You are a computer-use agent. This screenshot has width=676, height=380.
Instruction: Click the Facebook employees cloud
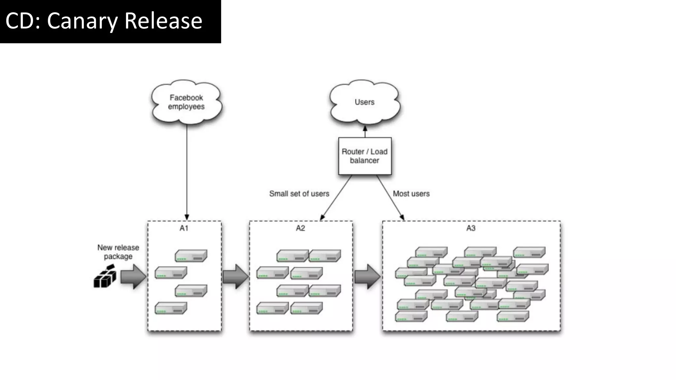tap(186, 102)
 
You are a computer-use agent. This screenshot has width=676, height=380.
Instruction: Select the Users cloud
tap(364, 102)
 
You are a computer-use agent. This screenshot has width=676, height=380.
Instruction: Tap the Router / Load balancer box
tap(365, 156)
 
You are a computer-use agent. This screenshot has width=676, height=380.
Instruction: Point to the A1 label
tap(184, 228)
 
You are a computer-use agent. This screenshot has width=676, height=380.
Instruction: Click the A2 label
tap(300, 228)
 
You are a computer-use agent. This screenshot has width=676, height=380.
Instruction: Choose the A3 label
tap(471, 228)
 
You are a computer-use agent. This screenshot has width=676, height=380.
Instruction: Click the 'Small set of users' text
tap(299, 194)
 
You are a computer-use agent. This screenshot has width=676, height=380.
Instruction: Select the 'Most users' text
tap(411, 194)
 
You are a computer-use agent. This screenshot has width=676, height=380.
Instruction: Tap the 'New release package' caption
tap(118, 252)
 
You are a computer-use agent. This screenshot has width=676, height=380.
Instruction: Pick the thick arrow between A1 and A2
tap(235, 276)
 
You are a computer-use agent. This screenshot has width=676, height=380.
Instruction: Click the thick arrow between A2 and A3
tap(367, 276)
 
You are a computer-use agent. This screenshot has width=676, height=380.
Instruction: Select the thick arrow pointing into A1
tap(133, 276)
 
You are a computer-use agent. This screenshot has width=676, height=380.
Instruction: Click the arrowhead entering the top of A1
tap(187, 217)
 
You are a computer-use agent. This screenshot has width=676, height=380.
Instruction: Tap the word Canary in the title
tap(82, 21)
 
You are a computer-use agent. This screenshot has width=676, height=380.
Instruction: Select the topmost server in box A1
tap(191, 256)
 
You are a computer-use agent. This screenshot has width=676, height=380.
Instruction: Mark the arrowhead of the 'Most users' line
tap(402, 217)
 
